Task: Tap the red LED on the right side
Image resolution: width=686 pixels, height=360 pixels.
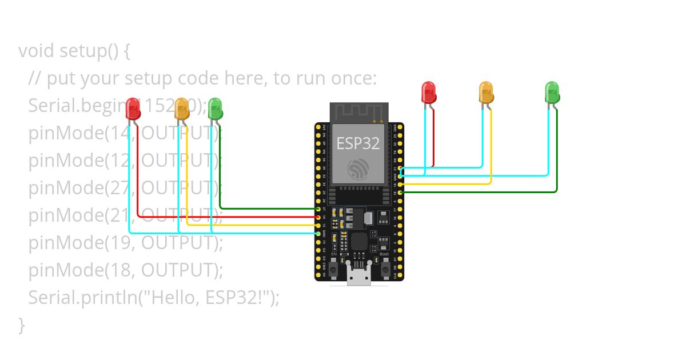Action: [428, 91]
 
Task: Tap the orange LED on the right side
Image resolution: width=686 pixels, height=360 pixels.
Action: [486, 91]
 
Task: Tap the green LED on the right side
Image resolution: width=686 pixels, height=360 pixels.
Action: [552, 91]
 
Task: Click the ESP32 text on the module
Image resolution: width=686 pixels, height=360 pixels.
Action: [358, 143]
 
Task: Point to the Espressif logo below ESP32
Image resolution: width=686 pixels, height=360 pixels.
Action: [358, 169]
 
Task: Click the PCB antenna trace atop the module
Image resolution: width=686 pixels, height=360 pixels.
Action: [358, 112]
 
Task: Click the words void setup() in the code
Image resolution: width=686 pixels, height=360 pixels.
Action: [74, 51]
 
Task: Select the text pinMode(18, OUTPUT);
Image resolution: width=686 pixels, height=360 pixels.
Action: [125, 270]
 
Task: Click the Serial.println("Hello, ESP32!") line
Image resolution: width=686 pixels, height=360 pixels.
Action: [154, 297]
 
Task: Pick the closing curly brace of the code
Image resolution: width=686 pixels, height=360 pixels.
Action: [22, 325]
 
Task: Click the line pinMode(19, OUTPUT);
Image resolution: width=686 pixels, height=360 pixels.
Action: [125, 242]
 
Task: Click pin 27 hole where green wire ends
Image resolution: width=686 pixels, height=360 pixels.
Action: [318, 209]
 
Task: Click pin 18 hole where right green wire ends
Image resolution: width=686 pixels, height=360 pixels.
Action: [400, 193]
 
